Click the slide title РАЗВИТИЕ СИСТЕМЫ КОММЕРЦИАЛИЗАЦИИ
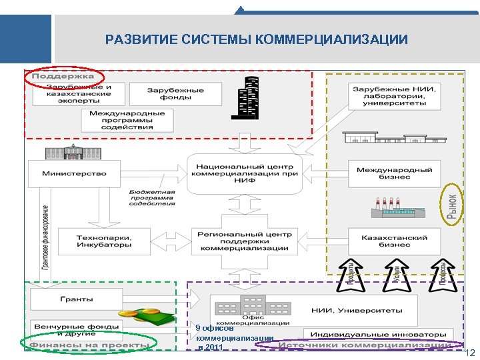[257, 40]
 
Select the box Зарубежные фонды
[167, 93]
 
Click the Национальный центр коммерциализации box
[244, 173]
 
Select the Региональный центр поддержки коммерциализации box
[244, 242]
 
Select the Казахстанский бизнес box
[394, 240]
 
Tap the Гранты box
[77, 299]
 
